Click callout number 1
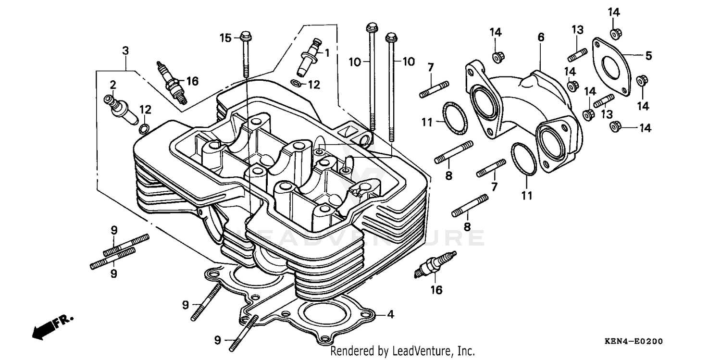point(327,53)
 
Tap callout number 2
point(113,86)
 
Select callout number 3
point(125,50)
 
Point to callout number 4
point(390,315)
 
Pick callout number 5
point(648,56)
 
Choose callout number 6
point(541,37)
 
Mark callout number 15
point(226,37)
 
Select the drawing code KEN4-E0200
point(634,342)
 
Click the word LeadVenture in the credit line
point(417,351)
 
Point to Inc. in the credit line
point(466,351)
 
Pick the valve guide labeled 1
point(308,58)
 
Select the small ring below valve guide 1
point(298,84)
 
